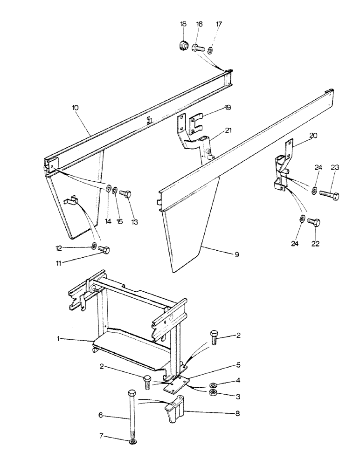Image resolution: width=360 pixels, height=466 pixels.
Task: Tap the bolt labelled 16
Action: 198,48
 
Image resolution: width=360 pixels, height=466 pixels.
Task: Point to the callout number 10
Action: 76,107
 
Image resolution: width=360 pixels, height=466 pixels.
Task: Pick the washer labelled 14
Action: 108,188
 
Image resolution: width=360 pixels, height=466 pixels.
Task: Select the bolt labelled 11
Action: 104,250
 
